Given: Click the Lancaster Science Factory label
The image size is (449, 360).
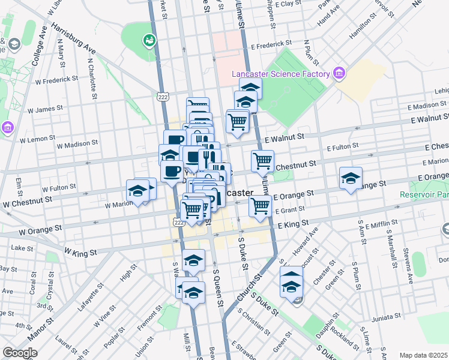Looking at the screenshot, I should [x=281, y=74].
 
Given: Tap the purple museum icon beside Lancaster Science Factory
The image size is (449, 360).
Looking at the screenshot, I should [x=339, y=73].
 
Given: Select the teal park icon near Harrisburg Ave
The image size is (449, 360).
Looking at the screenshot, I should [x=148, y=41].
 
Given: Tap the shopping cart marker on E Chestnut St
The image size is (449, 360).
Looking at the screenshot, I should [x=262, y=160].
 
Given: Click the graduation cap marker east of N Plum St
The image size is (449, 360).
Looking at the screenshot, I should [x=351, y=178].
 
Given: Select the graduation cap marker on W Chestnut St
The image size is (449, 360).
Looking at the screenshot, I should [x=138, y=191].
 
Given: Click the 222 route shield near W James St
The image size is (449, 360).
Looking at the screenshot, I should [x=163, y=96].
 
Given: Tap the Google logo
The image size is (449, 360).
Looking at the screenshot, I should [x=20, y=353].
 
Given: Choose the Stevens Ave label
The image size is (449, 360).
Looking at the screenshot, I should [x=409, y=265].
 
